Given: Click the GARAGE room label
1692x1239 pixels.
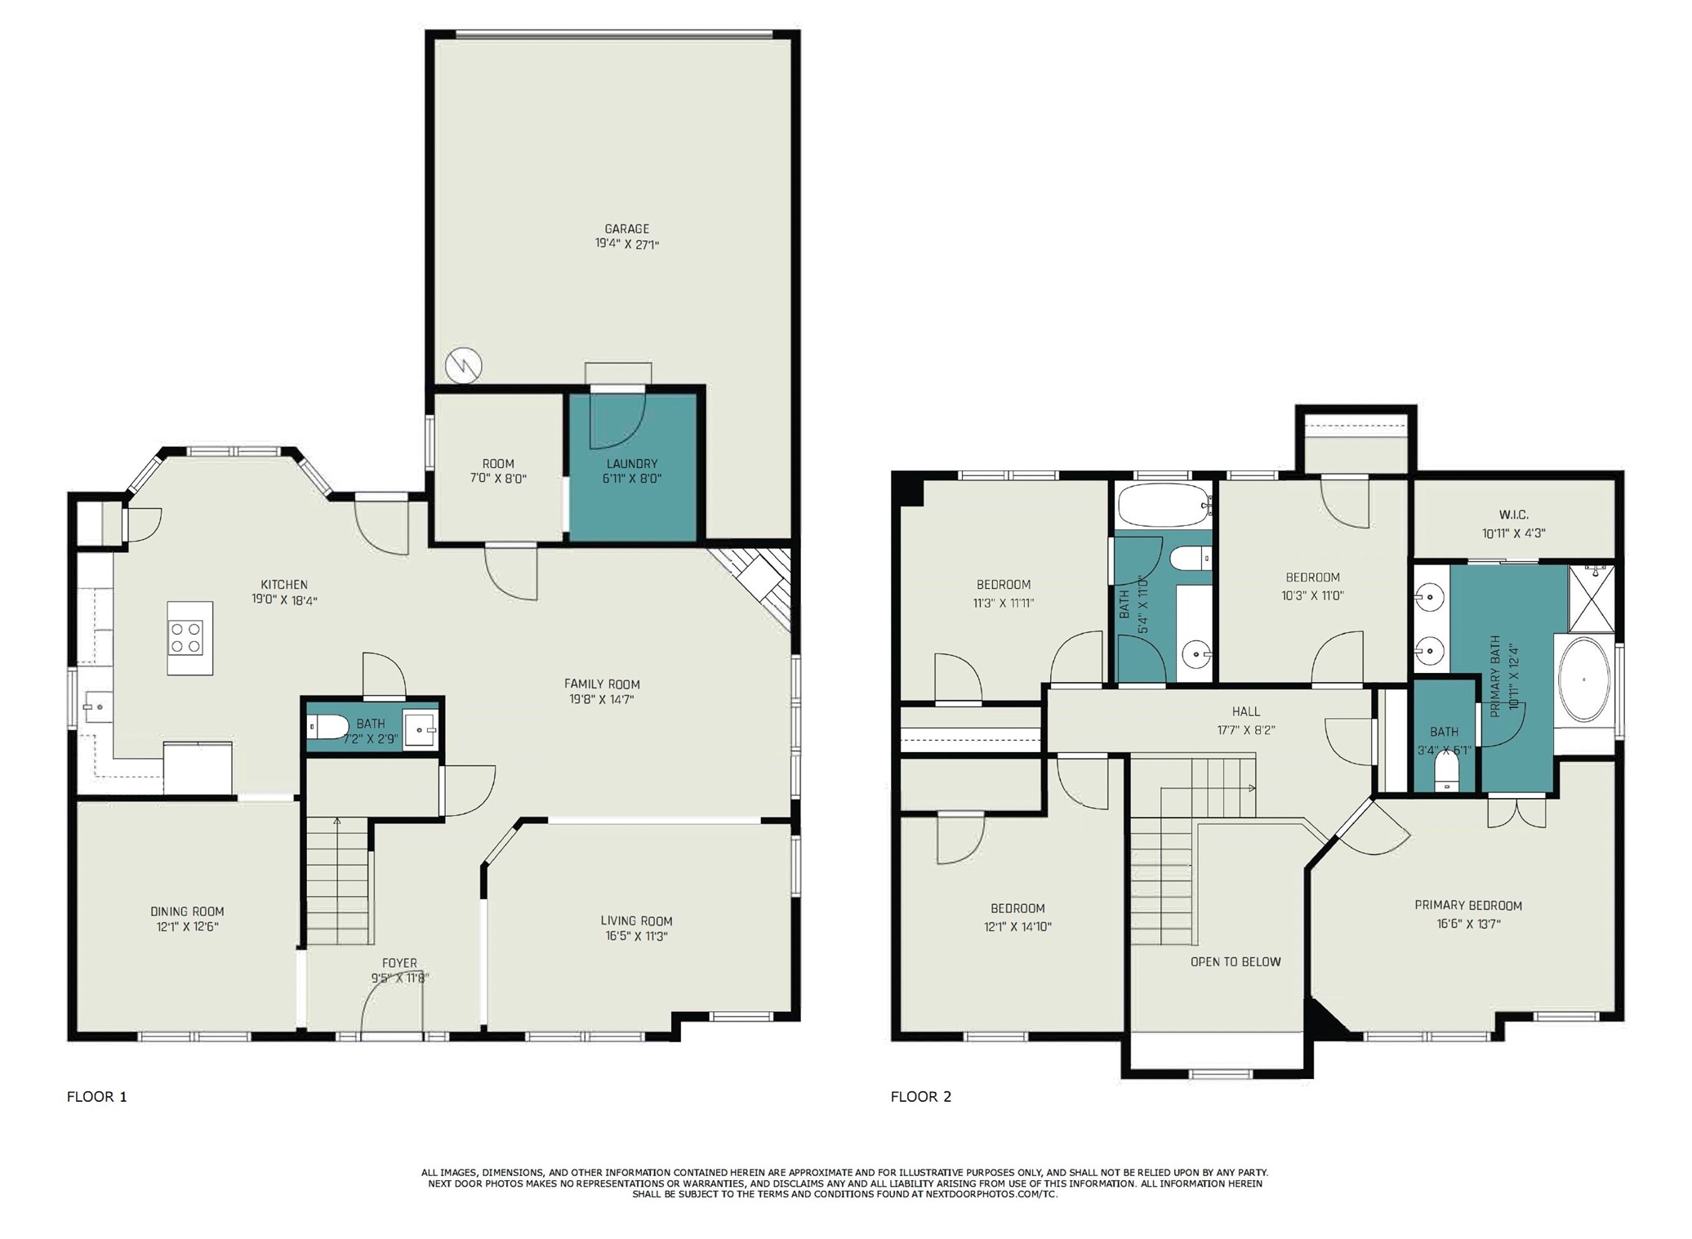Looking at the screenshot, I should (x=626, y=229).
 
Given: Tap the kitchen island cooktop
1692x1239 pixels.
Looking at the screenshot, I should (x=186, y=638).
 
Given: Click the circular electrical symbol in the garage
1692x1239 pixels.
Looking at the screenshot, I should (x=464, y=365).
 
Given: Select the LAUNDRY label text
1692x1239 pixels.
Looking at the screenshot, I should (x=631, y=464).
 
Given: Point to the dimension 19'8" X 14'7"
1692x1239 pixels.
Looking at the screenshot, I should (x=602, y=699).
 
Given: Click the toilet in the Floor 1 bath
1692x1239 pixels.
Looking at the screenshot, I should (x=328, y=726).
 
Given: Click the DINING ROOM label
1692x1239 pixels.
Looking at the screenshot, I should (x=187, y=911).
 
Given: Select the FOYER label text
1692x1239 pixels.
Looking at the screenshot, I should (x=399, y=964).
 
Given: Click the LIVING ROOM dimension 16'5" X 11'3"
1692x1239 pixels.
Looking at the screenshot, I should (x=636, y=936).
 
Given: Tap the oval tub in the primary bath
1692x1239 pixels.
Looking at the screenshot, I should (x=1583, y=680).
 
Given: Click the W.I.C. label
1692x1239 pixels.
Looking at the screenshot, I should (x=1513, y=515).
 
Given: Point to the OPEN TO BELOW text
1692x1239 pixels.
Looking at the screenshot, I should (x=1235, y=962).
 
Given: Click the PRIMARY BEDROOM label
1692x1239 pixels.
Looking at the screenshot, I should (x=1467, y=906).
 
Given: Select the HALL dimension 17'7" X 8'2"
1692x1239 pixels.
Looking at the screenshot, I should (x=1245, y=730).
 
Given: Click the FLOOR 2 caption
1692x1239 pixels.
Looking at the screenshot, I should (x=920, y=1097).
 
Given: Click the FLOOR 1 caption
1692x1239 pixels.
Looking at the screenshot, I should (x=96, y=1097).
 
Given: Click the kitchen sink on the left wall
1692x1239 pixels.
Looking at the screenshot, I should (x=96, y=706).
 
